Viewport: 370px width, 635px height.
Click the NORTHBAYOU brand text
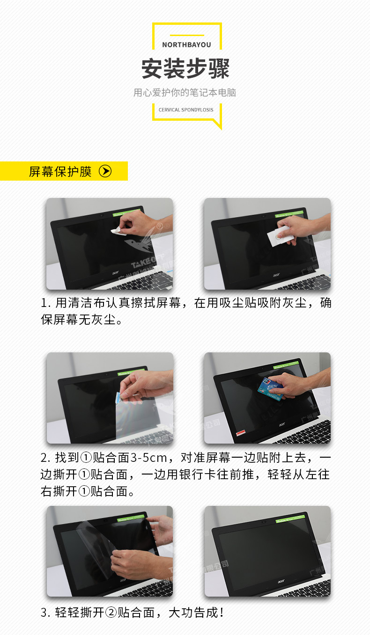tap(186, 45)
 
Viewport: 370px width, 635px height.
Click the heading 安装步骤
tap(186, 69)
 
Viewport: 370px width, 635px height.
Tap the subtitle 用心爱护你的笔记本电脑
tap(185, 93)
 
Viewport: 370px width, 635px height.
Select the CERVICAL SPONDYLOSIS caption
tap(186, 110)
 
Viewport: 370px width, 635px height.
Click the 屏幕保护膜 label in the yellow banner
tap(60, 171)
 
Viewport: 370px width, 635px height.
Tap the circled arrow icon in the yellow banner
tap(105, 171)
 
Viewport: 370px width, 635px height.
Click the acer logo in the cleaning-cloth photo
tap(115, 271)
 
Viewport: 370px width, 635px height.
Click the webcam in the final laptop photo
tap(265, 522)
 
